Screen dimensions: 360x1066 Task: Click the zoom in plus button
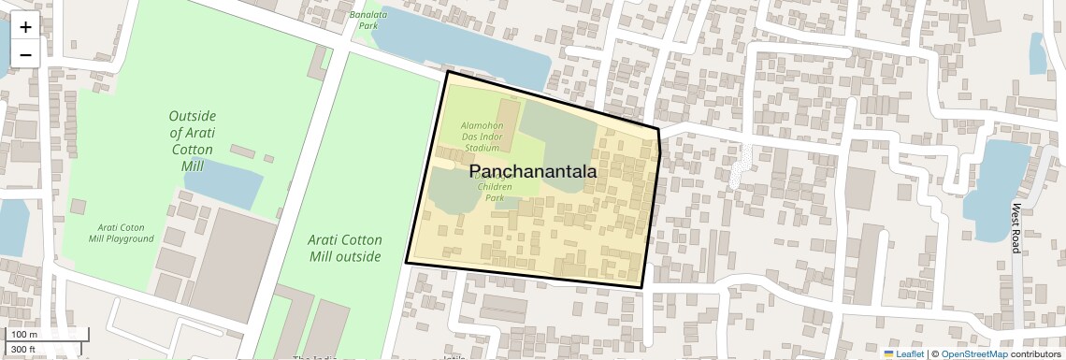pos(25,27)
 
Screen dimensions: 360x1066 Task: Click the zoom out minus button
pos(25,54)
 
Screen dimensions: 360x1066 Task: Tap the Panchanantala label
pos(532,172)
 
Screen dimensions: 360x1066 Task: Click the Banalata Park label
pos(367,21)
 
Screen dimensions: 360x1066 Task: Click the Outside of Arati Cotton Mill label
pos(192,140)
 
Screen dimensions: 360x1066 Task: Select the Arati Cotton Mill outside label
pos(345,248)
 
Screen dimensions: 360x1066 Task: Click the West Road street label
pos(1016,227)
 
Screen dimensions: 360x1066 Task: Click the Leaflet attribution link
pos(903,353)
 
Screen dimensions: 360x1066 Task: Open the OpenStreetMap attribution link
pos(974,353)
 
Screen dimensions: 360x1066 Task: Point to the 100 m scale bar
pos(47,335)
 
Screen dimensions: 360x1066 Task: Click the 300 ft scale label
pos(22,350)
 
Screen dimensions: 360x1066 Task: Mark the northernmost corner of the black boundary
pos(448,71)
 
